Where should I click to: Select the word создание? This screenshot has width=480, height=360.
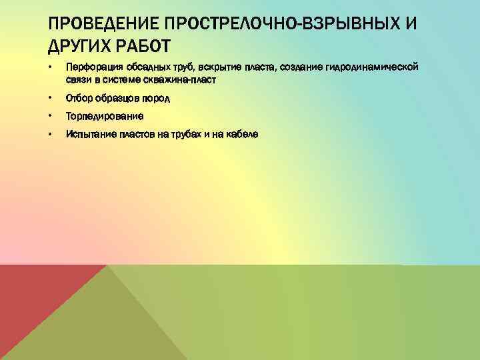tap(295, 68)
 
